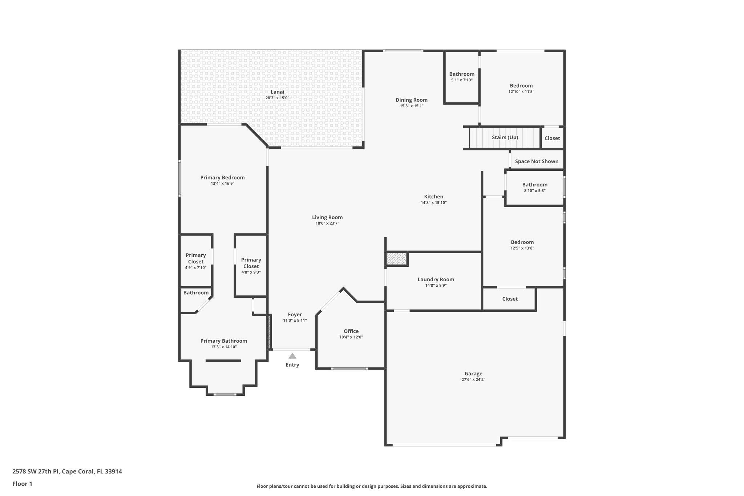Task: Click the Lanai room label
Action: (x=277, y=92)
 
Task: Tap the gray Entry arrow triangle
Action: (x=292, y=356)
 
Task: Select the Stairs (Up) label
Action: (x=505, y=137)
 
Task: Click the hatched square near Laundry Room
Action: (x=396, y=259)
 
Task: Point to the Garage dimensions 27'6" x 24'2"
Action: (x=473, y=379)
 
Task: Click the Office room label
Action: (x=351, y=331)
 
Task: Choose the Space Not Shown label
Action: (x=537, y=161)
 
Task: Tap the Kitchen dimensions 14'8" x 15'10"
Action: (x=433, y=203)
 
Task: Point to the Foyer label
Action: (x=295, y=315)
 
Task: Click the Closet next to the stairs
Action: (x=552, y=138)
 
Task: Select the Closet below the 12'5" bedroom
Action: (x=510, y=299)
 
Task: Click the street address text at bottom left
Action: (x=67, y=472)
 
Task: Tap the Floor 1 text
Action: (x=22, y=484)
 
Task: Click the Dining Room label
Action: (x=412, y=100)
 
